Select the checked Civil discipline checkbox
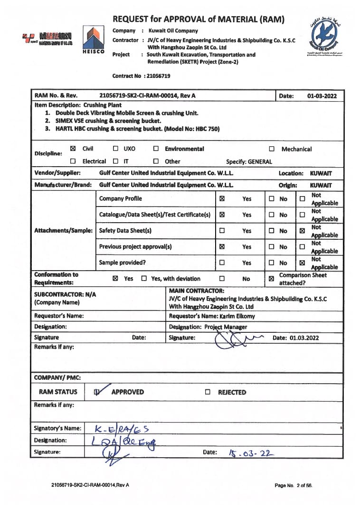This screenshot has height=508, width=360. (73, 149)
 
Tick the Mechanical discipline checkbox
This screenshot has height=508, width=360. (272, 149)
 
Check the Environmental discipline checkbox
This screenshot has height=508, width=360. (156, 149)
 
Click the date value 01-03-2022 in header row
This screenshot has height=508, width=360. (322, 96)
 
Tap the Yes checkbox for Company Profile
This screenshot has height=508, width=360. (222, 199)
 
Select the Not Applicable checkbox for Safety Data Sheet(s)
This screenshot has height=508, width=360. (302, 231)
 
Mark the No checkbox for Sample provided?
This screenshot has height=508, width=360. (272, 263)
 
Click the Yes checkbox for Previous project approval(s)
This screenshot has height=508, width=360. (222, 247)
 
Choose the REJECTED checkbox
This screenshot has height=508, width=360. (208, 392)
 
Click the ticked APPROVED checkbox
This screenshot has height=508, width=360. (97, 392)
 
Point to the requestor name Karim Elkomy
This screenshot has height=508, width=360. (237, 316)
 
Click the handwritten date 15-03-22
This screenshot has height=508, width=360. (251, 453)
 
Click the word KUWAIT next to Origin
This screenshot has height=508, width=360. (321, 185)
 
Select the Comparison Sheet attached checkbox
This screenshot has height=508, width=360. (271, 279)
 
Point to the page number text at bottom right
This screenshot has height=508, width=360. (293, 485)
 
